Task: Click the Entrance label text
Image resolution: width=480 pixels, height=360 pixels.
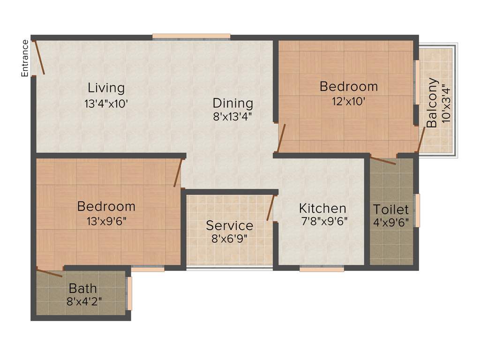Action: coord(25,58)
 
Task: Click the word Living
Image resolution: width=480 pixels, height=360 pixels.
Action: coord(106,88)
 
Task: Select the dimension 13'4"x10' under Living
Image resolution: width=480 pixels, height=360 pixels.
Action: coord(106,104)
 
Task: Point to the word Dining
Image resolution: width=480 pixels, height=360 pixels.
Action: coord(233,103)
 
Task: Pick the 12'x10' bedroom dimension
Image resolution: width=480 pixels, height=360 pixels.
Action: coord(349,101)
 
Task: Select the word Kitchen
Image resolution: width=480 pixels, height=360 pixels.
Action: coord(323,208)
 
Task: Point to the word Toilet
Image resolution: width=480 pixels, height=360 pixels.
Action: coord(391,209)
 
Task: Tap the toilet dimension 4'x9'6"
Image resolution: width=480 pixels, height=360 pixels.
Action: coord(391,222)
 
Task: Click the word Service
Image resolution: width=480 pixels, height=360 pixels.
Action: coord(230,225)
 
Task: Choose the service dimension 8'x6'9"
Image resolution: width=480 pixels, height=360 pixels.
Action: coord(230,239)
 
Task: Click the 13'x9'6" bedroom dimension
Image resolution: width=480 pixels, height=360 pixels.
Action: coord(106,221)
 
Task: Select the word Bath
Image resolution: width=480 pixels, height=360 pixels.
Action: coord(83,288)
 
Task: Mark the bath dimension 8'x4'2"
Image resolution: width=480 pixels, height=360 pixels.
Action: coord(84,301)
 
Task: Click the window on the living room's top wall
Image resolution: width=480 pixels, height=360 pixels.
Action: coord(191,36)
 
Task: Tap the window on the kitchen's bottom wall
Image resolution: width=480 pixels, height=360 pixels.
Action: coord(322,269)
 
